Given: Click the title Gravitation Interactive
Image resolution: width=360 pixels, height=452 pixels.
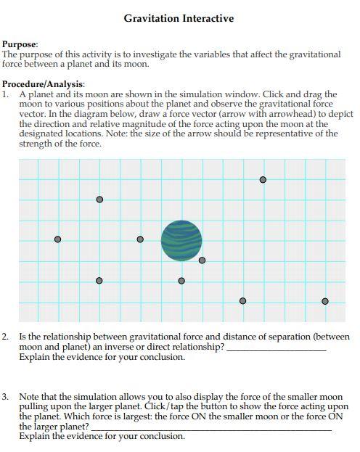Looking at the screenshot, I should (179, 18).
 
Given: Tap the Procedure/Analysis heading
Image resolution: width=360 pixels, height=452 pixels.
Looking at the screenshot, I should (44, 84).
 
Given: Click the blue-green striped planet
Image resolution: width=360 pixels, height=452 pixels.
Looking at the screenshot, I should (181, 239).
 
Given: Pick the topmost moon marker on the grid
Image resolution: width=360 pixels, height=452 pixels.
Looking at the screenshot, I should (263, 179).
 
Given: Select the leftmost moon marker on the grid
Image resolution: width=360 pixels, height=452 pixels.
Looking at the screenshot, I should (58, 239).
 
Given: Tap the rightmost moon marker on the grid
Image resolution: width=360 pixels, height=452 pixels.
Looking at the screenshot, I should (324, 300).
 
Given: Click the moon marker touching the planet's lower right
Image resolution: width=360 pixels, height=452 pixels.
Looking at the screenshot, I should (202, 260).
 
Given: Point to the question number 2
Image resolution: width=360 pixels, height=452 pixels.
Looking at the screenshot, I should (6, 337).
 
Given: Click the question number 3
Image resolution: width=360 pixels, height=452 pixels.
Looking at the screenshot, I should (6, 398).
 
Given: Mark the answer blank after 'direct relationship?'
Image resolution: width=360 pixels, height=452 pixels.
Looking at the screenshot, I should (276, 348).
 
